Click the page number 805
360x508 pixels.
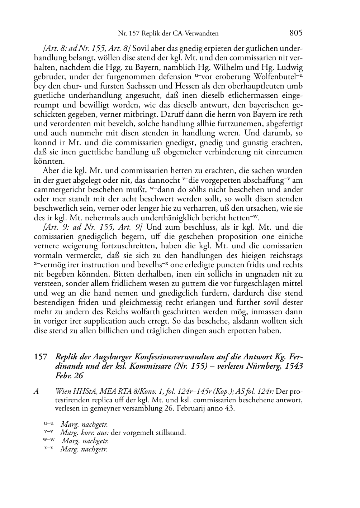coord(296,33)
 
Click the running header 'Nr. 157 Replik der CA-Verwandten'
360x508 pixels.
coord(168,34)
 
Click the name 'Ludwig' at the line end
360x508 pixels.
coord(290,67)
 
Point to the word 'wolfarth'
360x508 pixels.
coord(209,312)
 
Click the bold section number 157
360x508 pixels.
coord(41,357)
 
